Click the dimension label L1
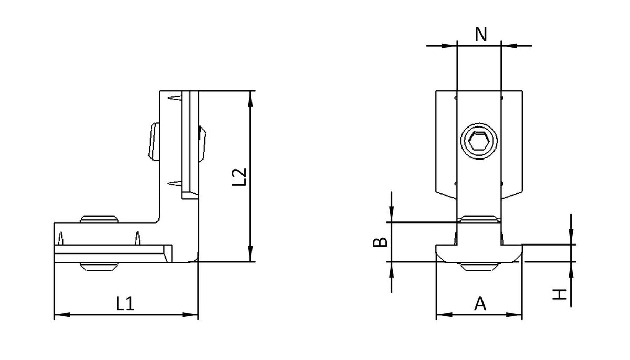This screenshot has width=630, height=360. click(x=125, y=303)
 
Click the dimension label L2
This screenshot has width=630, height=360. click(x=239, y=177)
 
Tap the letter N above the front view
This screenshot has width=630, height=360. click(x=481, y=35)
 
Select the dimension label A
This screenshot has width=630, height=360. click(x=480, y=303)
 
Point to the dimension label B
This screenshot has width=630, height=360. click(x=380, y=242)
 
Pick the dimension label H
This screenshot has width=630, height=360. click(x=560, y=294)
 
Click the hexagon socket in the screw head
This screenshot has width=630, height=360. click(x=479, y=141)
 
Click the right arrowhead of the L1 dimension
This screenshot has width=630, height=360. click(x=191, y=315)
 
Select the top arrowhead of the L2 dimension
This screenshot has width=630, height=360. click(x=250, y=99)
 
